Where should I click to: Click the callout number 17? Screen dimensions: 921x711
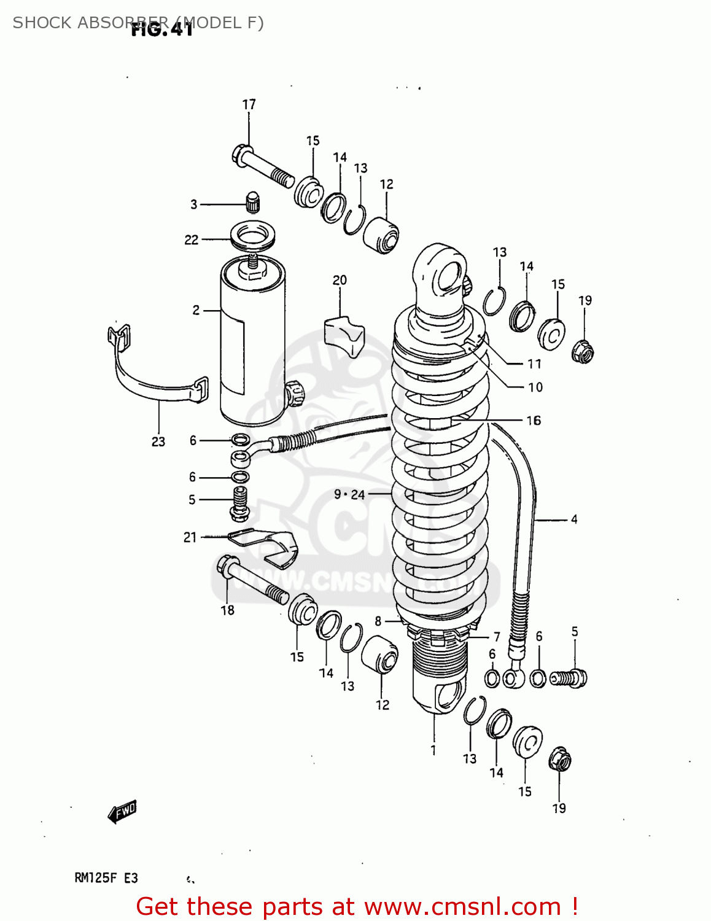[x=249, y=104]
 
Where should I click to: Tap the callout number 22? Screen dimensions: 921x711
[x=192, y=240]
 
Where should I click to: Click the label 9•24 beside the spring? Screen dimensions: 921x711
[x=349, y=494]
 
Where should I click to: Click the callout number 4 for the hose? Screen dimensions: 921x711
[x=574, y=519]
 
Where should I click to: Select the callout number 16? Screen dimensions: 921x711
[x=534, y=421]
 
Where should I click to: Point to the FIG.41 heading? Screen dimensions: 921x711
[x=162, y=29]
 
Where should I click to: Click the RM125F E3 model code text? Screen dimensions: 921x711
[x=106, y=878]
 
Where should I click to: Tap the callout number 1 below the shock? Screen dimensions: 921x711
[x=433, y=750]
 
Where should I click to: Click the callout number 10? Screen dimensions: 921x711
[x=535, y=387]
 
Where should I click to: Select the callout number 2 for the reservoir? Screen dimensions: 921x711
[x=196, y=310]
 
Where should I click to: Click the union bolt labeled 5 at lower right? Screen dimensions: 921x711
[x=570, y=678]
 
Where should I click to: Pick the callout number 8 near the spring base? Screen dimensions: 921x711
[x=378, y=621]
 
